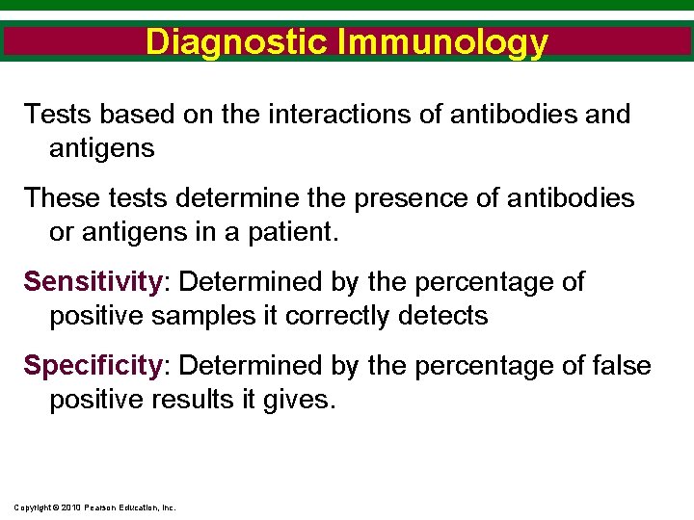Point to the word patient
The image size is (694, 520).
pos(295,232)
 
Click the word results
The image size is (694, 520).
pos(200,400)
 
